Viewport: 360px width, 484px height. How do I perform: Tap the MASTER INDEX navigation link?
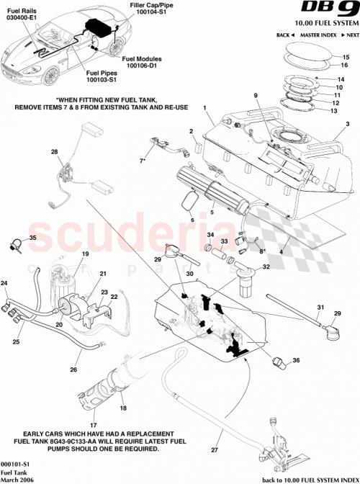pyautogui.click(x=320, y=35)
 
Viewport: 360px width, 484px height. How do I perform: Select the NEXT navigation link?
pyautogui.click(x=351, y=35)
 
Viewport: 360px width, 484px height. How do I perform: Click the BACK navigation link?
pyautogui.click(x=286, y=35)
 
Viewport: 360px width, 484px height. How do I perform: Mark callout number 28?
pyautogui.click(x=53, y=151)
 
